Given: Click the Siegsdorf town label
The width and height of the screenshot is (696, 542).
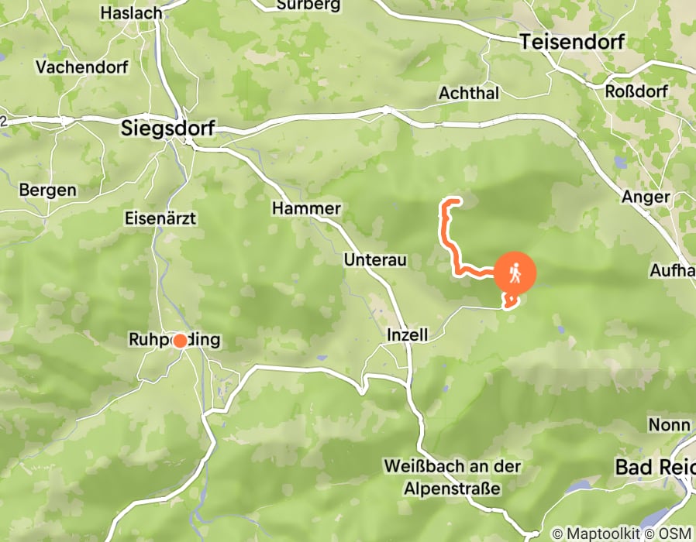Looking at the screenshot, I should pyautogui.click(x=168, y=129).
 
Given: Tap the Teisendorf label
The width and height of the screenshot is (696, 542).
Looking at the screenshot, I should pyautogui.click(x=572, y=42).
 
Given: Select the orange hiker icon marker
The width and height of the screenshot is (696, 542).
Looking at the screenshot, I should pyautogui.click(x=515, y=273).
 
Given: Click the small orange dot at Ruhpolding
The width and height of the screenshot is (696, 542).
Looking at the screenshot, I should pyautogui.click(x=180, y=341).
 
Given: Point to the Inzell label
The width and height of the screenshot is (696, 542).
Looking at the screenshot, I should pyautogui.click(x=407, y=335).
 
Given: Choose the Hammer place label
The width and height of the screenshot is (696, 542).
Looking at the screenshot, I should pyautogui.click(x=306, y=208).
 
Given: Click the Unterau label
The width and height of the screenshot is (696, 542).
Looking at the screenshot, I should pyautogui.click(x=375, y=260).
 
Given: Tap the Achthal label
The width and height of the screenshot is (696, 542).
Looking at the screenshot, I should pyautogui.click(x=469, y=93).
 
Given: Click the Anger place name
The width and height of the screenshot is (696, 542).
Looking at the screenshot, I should pyautogui.click(x=646, y=197).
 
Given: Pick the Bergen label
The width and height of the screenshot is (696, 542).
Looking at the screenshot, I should pyautogui.click(x=48, y=190).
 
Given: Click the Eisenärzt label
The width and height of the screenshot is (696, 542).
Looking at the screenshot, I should pyautogui.click(x=160, y=218).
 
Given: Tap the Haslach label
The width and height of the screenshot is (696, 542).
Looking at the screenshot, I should pyautogui.click(x=131, y=13).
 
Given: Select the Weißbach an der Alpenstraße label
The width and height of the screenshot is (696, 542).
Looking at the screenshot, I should pyautogui.click(x=452, y=478).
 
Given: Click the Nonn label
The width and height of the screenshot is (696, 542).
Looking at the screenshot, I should pyautogui.click(x=670, y=425).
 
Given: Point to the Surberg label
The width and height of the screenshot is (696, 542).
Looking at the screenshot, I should pyautogui.click(x=308, y=5).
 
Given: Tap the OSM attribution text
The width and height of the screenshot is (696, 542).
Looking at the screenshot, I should pyautogui.click(x=674, y=533).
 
